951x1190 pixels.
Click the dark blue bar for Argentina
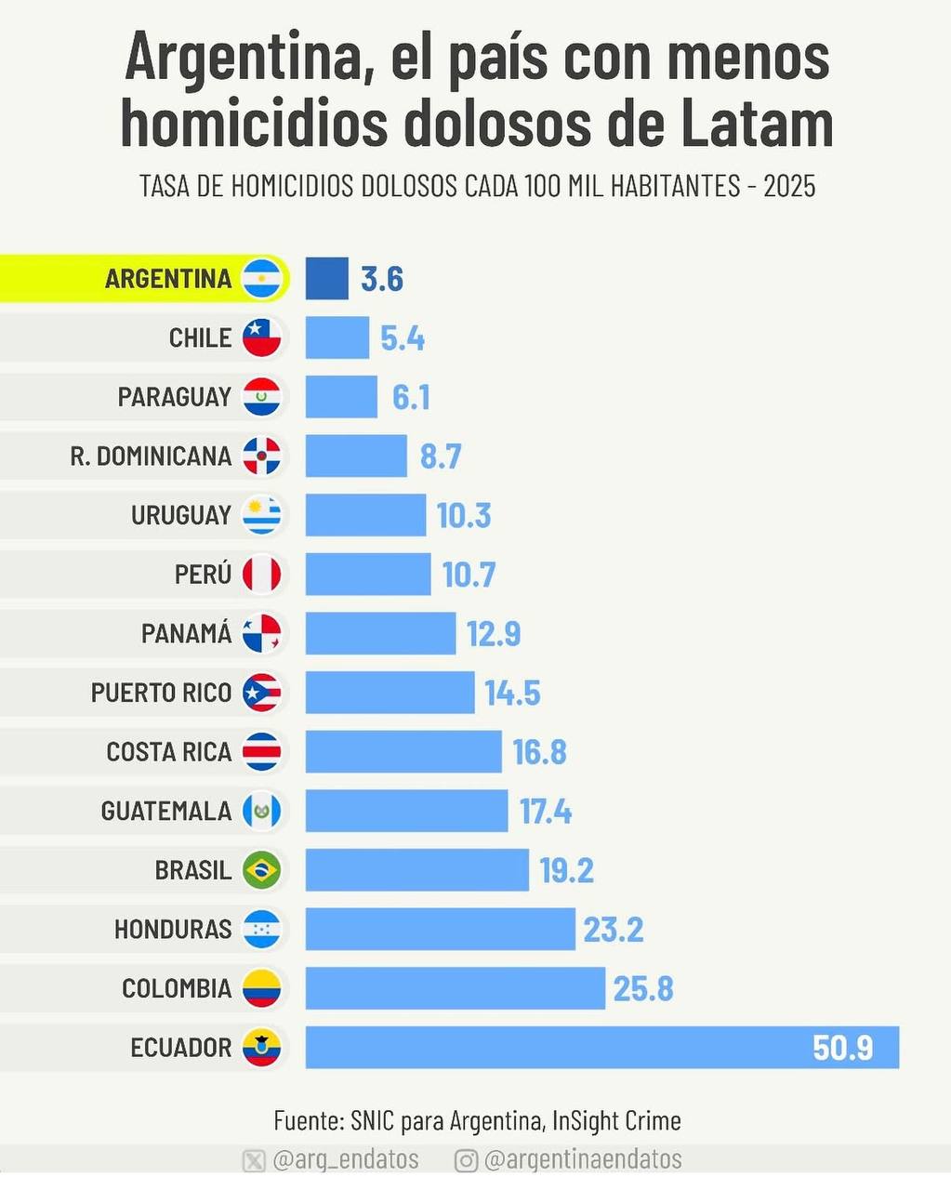(x=327, y=278)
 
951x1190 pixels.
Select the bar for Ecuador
(x=602, y=1048)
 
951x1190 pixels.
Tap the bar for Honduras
(x=440, y=929)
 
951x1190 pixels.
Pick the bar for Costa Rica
(x=403, y=751)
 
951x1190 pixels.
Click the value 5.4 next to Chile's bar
(x=403, y=338)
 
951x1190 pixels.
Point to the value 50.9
(x=842, y=1048)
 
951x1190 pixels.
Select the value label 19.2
(x=567, y=870)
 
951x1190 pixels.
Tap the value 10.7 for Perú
(x=469, y=575)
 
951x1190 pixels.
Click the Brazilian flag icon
(x=261, y=870)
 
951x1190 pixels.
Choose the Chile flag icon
(x=261, y=337)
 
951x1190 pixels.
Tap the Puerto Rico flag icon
(x=261, y=693)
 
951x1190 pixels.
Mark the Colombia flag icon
(x=261, y=988)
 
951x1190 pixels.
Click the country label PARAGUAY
(x=175, y=397)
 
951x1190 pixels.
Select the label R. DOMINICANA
(x=151, y=456)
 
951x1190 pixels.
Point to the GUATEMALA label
(x=166, y=812)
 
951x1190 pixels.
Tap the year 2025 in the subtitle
(x=789, y=186)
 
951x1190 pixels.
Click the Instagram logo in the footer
(x=466, y=1160)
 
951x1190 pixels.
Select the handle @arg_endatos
(x=346, y=1159)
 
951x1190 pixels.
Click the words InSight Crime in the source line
(x=616, y=1120)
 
